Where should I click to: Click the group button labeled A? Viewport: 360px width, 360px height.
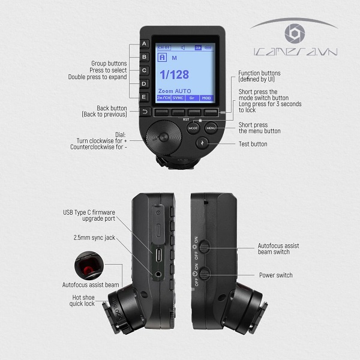145,44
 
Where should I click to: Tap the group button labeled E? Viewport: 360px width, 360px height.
145,96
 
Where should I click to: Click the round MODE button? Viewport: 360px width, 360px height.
193,128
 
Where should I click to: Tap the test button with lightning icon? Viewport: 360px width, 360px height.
202,143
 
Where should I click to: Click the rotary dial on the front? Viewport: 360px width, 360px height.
166,137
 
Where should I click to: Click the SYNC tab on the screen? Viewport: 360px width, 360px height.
178,97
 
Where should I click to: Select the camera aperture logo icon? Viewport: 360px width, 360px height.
295,34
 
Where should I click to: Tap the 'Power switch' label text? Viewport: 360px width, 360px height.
275,275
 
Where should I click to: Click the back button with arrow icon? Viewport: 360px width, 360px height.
145,112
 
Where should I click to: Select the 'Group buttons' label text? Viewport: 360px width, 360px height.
109,63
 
